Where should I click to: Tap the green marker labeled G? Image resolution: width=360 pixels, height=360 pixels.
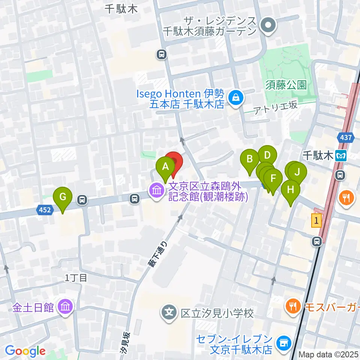click(63, 196)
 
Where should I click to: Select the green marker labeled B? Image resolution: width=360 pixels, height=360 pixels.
click(250, 159)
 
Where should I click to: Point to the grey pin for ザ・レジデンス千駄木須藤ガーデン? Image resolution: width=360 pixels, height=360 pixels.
click(268, 25)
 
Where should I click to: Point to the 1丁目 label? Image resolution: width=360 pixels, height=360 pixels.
click(76, 278)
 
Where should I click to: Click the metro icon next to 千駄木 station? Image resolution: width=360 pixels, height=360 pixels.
click(341, 155)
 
